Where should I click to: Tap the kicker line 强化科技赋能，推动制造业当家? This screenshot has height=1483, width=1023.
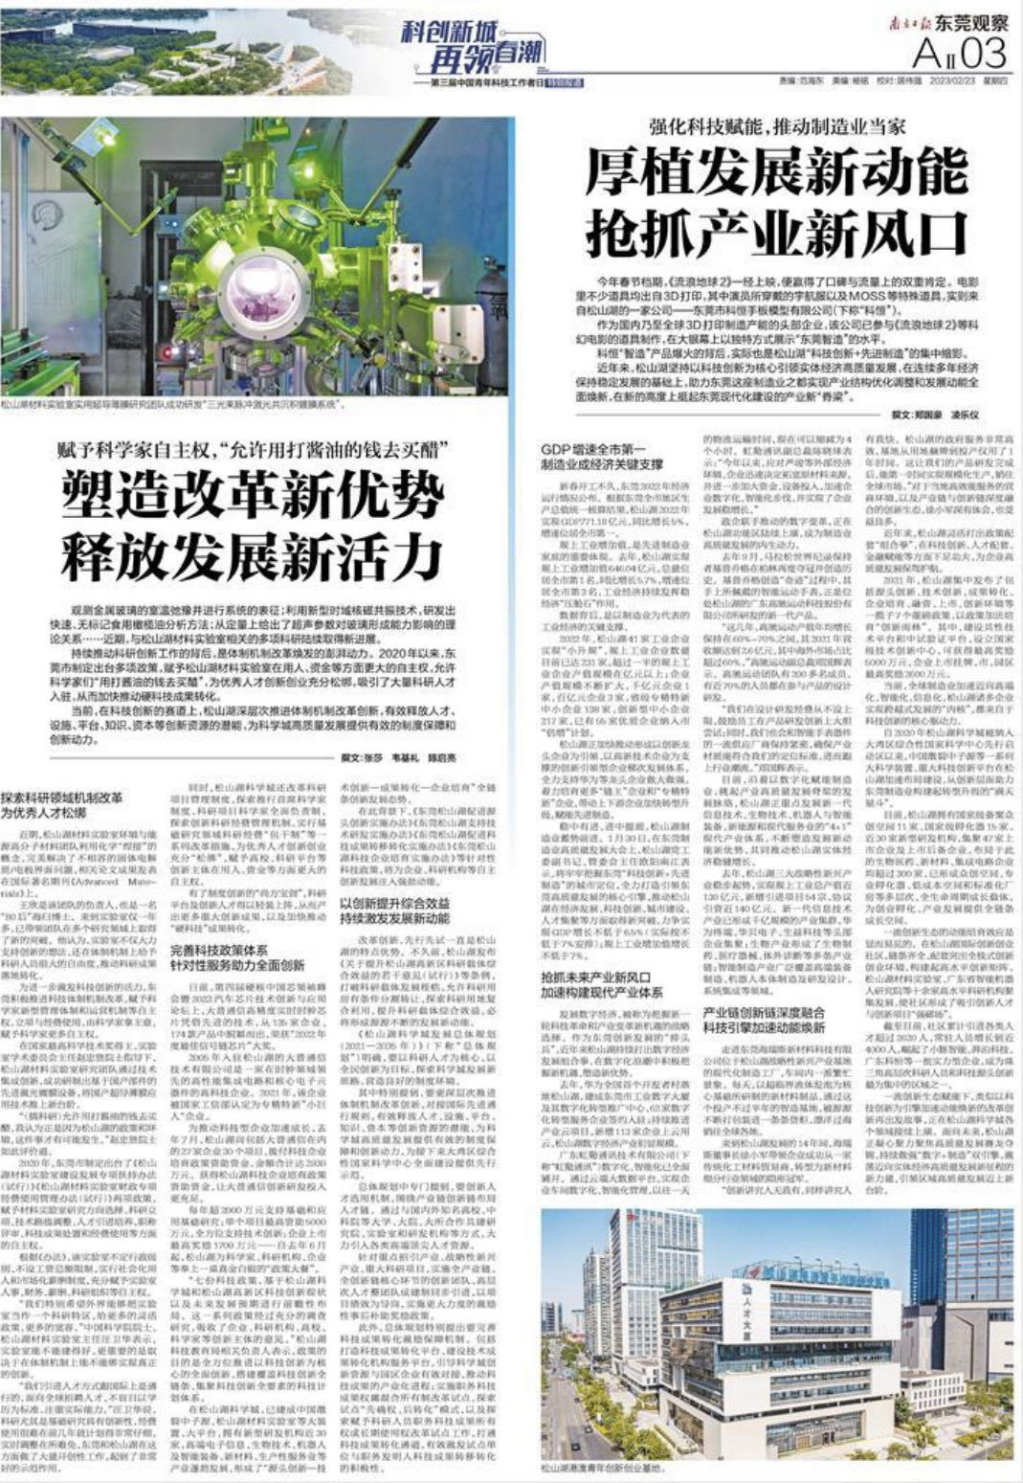tap(776, 127)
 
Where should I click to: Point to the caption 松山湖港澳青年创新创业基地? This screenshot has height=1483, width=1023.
tap(609, 1466)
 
